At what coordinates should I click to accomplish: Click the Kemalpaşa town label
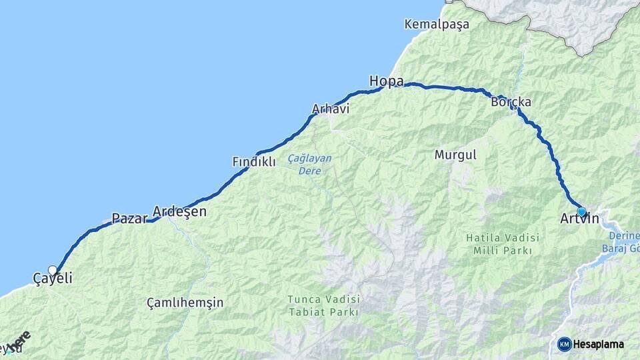[x=437, y=24]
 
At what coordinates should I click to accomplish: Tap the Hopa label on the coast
[x=387, y=81]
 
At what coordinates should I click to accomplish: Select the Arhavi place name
[x=331, y=109]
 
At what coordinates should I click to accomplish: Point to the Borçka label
[x=511, y=103]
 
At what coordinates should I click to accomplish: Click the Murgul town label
[x=455, y=155]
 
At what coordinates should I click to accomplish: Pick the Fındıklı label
[x=253, y=162]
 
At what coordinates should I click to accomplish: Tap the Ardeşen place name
[x=179, y=212]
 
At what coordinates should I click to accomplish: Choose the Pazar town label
[x=129, y=218]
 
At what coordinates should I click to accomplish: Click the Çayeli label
[x=52, y=279]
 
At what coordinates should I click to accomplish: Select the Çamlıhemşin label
[x=185, y=303]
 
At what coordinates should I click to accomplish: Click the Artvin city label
[x=580, y=219]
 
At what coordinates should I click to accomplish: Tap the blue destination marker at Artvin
[x=581, y=211]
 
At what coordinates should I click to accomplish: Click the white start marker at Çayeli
[x=53, y=271]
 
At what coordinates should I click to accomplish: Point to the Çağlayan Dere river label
[x=309, y=165]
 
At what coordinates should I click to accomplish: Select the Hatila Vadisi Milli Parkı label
[x=499, y=244]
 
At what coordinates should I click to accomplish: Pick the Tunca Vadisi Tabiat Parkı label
[x=323, y=305]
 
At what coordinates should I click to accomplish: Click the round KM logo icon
[x=565, y=344]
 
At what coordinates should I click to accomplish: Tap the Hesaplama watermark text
[x=599, y=344]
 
